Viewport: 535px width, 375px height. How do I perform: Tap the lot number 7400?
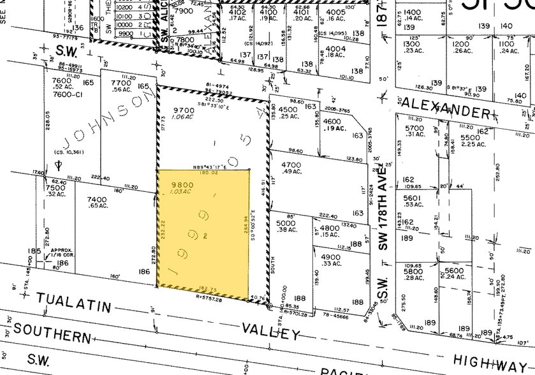[x=97, y=199]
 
